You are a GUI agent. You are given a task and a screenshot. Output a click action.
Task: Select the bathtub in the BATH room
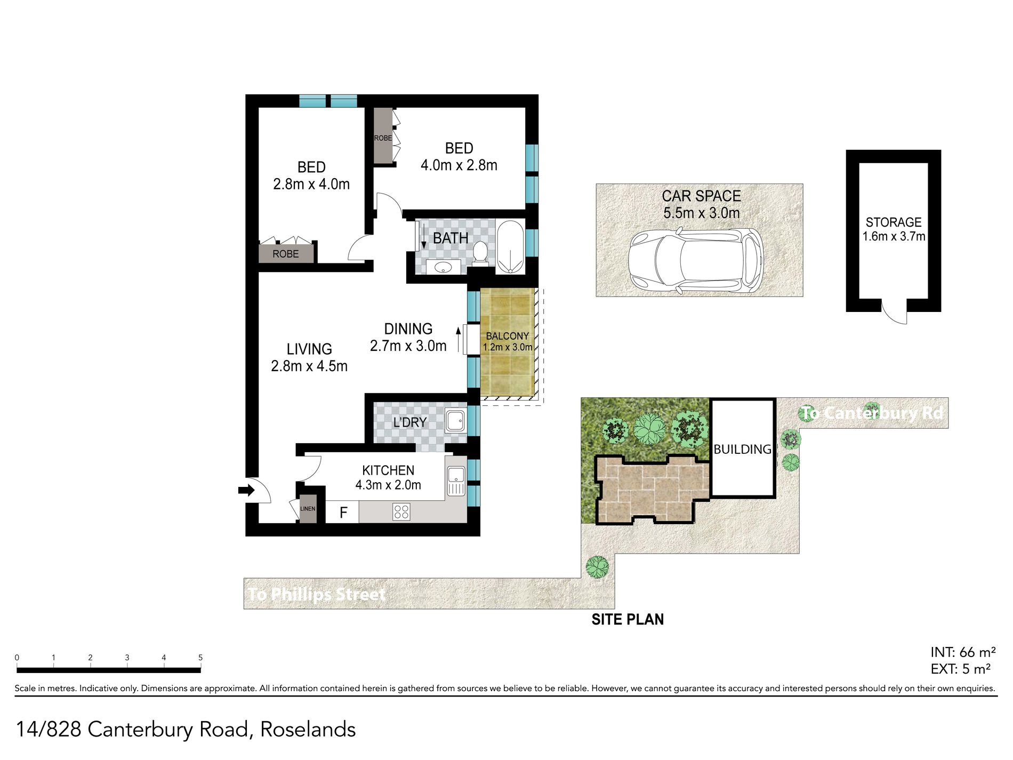[x=510, y=247]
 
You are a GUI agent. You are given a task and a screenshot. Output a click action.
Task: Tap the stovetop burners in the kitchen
[x=401, y=512]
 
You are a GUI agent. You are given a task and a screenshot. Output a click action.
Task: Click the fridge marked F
[x=342, y=512]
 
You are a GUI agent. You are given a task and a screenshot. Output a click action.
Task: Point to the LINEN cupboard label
[x=308, y=509]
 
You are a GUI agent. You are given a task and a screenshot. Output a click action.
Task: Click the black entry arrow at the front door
[x=247, y=490]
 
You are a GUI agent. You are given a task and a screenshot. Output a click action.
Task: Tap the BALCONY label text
[x=508, y=337]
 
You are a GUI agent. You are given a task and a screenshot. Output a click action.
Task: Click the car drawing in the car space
[x=696, y=261]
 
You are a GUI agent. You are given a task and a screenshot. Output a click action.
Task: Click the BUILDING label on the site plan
[x=742, y=450]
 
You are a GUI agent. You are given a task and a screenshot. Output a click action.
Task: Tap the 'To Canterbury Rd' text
[x=872, y=413]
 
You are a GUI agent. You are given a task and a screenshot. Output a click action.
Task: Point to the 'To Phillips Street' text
[x=317, y=594]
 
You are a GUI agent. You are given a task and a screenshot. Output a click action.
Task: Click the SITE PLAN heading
[x=628, y=619]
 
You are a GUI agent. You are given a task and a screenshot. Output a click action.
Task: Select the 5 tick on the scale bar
[x=200, y=658]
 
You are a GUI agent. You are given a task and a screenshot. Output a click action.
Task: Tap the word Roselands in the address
[x=308, y=730]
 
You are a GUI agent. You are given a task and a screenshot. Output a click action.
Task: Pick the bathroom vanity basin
[x=443, y=267]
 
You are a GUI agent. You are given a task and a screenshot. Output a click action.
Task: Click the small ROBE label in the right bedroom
[x=383, y=138]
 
